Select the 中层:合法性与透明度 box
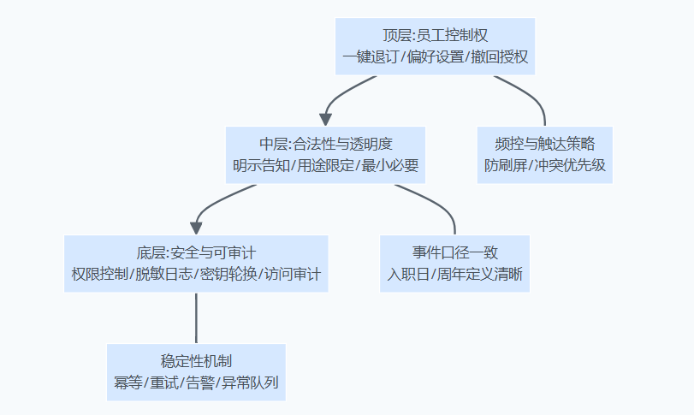click(x=326, y=155)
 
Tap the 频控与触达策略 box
click(x=545, y=155)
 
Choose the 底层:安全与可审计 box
click(x=196, y=264)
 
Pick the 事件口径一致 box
click(x=454, y=264)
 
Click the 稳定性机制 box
click(x=196, y=372)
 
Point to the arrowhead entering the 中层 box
click(x=326, y=119)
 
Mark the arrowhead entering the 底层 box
click(x=196, y=228)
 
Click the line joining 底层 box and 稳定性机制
click(x=196, y=318)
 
